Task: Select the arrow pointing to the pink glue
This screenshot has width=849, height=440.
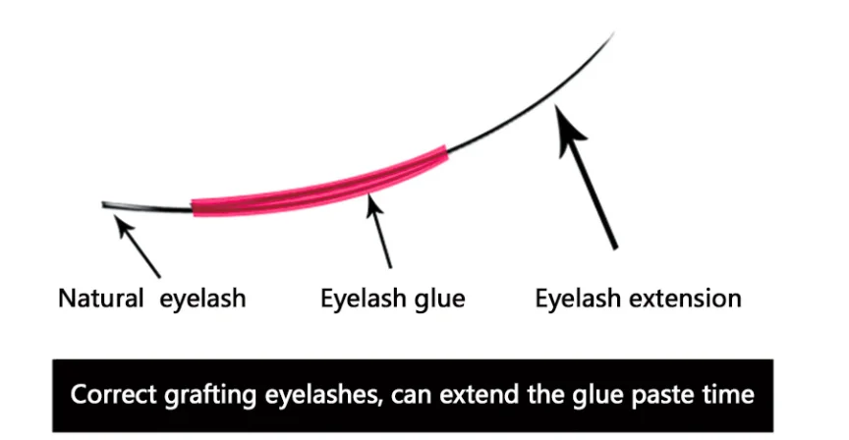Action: [379, 229]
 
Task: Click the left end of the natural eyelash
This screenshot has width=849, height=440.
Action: [105, 204]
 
